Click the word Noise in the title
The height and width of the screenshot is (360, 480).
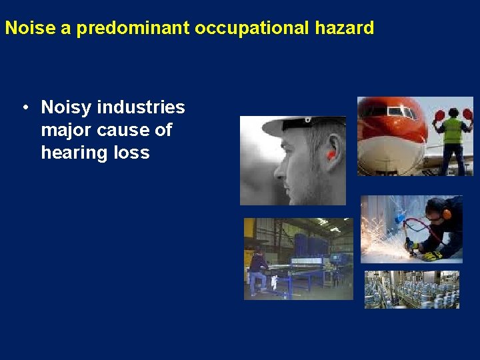(x=26, y=28)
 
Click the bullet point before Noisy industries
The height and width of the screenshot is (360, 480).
(x=23, y=107)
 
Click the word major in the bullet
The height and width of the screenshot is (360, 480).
(x=64, y=130)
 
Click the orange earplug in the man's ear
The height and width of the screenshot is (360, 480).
(x=331, y=155)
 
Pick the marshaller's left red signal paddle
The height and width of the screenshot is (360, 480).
(x=439, y=115)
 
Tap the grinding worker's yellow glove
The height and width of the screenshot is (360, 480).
(x=431, y=253)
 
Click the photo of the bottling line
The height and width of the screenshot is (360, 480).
(x=411, y=289)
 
